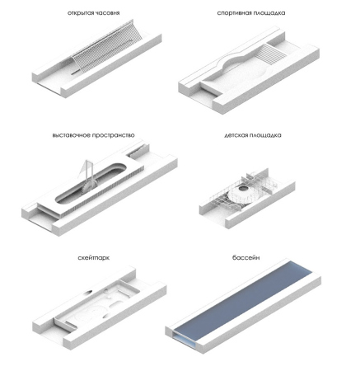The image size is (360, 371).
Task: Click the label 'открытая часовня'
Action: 93,13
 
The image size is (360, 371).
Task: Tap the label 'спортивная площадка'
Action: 251,13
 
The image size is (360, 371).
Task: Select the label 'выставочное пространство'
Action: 93,135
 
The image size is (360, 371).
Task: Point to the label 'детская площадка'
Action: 253,135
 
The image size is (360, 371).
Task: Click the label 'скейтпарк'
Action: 94,258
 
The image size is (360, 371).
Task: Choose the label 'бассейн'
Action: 245,258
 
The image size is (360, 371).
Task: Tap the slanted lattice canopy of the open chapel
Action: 107,47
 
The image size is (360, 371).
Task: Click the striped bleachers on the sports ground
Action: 274,54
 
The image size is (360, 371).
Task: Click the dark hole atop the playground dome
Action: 243,189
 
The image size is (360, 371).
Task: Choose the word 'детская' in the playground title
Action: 236,135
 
